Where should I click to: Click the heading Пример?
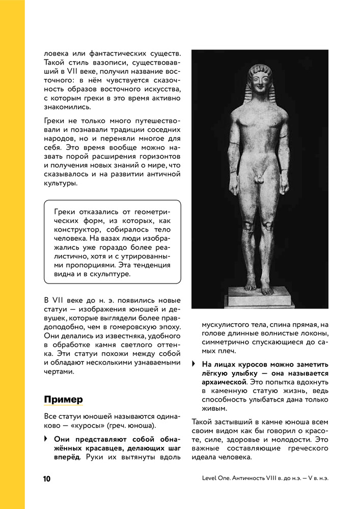click(63, 399)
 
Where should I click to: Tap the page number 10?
click(47, 479)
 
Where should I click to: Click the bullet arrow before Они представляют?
click(46, 439)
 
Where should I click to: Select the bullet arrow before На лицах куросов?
click(193, 364)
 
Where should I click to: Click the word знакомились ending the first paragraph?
click(67, 107)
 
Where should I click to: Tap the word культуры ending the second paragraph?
click(61, 184)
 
